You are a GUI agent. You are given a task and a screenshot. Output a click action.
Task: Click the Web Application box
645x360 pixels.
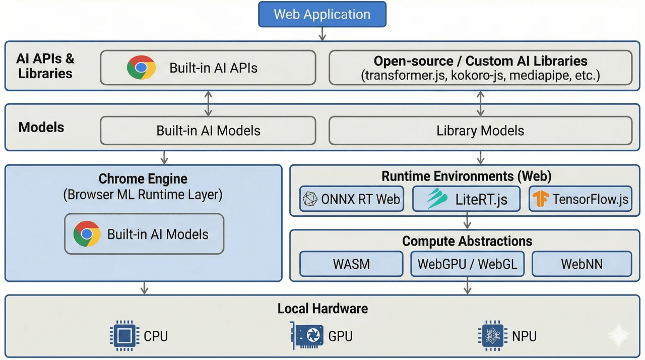(x=322, y=14)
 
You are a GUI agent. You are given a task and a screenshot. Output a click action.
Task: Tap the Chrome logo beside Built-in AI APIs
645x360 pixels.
(x=141, y=68)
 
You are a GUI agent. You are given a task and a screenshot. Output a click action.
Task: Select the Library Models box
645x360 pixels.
(x=480, y=131)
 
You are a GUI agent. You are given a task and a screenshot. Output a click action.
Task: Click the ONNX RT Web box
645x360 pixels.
(x=352, y=199)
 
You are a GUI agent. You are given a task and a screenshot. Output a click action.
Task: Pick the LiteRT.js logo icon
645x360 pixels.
(x=436, y=199)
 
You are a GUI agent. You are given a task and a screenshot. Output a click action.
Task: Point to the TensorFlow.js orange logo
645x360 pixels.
(x=541, y=199)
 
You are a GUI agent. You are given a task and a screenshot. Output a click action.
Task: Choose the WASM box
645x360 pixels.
(x=351, y=264)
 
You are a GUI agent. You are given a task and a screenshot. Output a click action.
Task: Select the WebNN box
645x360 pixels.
(x=582, y=264)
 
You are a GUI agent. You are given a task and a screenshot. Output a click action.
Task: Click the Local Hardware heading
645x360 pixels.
(x=322, y=309)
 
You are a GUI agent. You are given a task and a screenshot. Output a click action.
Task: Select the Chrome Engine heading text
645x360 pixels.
(x=143, y=178)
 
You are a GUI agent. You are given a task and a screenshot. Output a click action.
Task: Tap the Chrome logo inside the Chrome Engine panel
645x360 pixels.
(x=87, y=234)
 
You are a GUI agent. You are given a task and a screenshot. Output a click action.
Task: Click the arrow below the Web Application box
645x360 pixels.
(x=322, y=34)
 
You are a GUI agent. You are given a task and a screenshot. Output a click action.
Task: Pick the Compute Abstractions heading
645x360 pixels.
(x=467, y=241)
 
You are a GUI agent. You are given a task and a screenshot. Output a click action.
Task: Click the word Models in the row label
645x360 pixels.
(x=41, y=127)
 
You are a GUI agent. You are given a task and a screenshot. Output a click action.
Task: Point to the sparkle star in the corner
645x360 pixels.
(x=618, y=336)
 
